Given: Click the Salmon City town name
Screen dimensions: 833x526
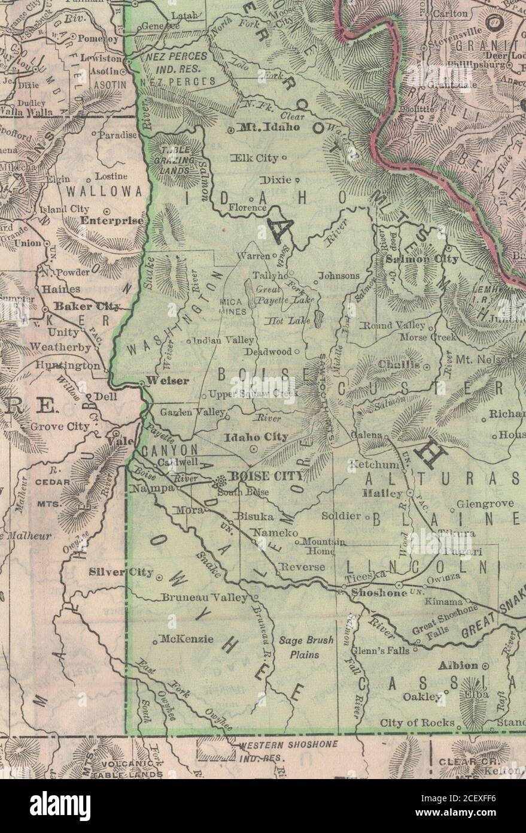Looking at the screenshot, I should [x=422, y=259].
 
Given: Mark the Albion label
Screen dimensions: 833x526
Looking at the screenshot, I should [x=458, y=665].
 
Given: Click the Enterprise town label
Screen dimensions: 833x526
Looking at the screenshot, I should [x=113, y=221].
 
